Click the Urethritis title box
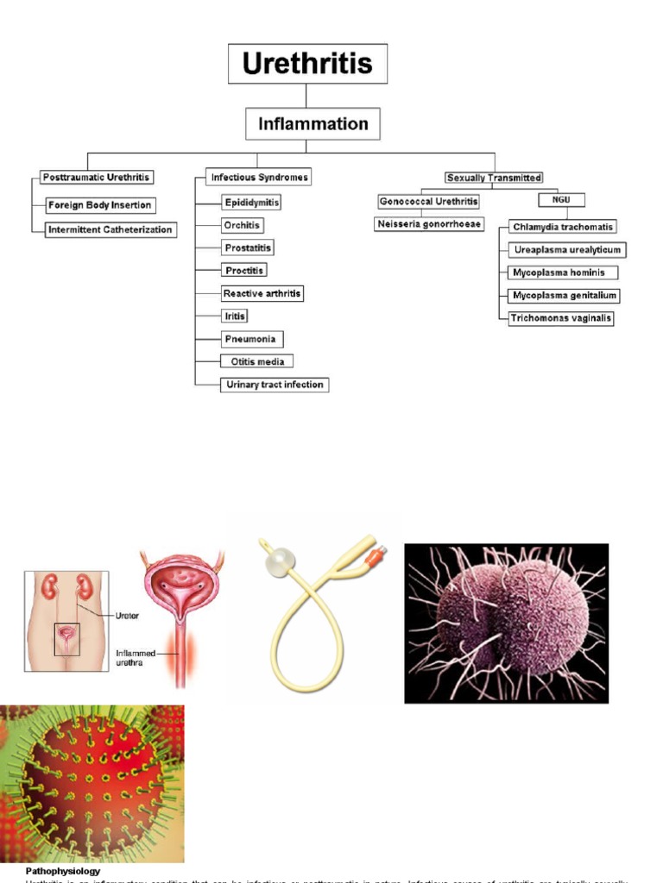coord(307,64)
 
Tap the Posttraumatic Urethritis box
coord(96,178)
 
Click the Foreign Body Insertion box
coord(100,205)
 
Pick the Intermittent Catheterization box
coord(110,230)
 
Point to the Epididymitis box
coord(250,203)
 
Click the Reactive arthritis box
coord(262,294)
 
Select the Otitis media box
coord(257,361)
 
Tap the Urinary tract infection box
coord(275,385)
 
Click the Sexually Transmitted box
coord(494,178)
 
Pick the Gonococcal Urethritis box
coord(427,201)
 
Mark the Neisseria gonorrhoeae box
coord(429,224)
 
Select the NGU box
coord(562,200)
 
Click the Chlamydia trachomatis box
coord(562,227)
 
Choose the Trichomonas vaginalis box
coord(561,318)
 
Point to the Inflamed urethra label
coord(136,658)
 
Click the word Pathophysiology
coord(63,871)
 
